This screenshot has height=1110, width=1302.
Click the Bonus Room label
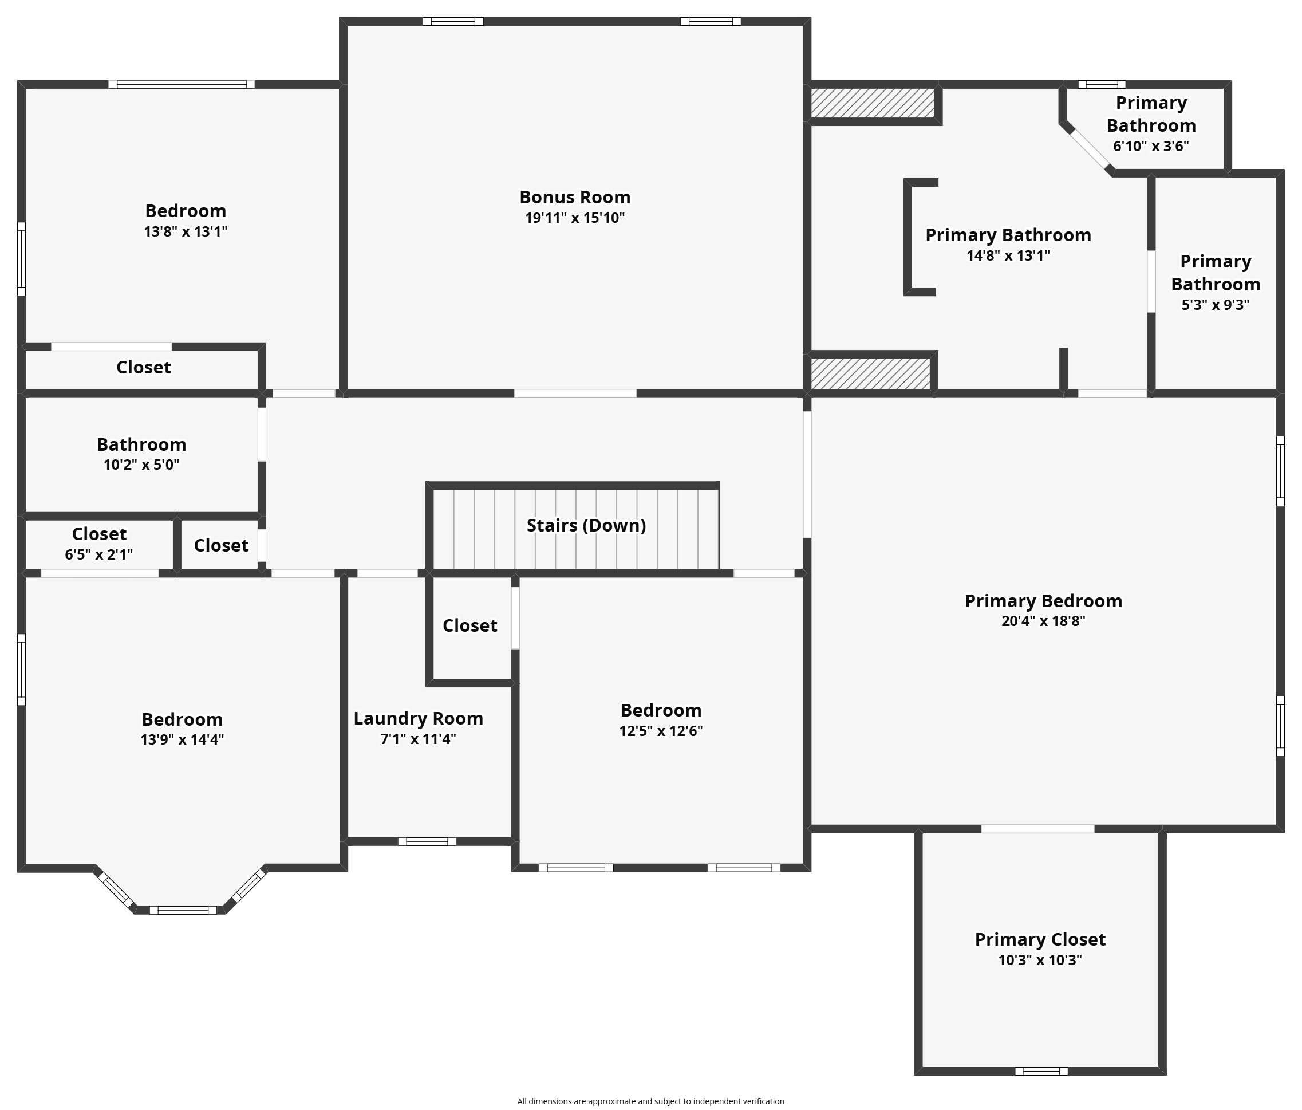coord(574,198)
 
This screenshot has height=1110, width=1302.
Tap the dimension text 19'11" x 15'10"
coord(574,218)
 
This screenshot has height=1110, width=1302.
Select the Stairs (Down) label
coord(586,525)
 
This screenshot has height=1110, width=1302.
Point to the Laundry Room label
coord(418,718)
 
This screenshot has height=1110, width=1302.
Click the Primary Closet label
coord(1040,939)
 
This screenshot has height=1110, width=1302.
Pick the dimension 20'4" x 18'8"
coord(1043,621)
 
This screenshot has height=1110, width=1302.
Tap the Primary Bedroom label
coord(1043,601)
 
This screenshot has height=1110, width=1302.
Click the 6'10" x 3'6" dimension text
coord(1151,147)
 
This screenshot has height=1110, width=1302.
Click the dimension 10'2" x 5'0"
coord(141,465)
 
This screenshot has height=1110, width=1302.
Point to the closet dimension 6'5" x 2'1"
coord(98,554)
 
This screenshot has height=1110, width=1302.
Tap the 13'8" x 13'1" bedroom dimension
coord(186,231)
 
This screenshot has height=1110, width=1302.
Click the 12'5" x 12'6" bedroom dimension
coord(660,731)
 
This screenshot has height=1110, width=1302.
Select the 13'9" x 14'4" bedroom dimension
coord(182,739)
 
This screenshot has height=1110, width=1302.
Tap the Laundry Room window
coord(427,841)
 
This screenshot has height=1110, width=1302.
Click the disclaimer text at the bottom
coord(650,1101)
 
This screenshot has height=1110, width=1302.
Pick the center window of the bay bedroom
coord(183,910)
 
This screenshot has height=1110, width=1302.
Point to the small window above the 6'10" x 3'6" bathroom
coord(1102,84)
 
